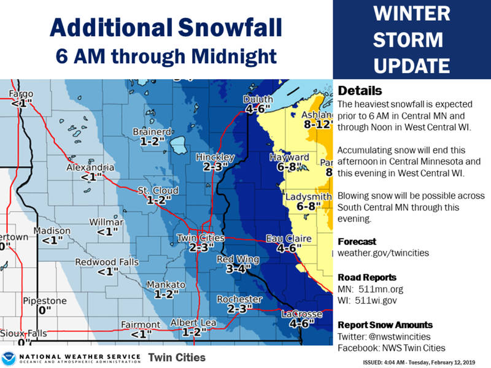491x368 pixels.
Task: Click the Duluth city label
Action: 258,99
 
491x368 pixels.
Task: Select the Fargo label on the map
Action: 21,94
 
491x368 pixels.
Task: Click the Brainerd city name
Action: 152,131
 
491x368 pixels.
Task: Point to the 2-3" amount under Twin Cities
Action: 201,248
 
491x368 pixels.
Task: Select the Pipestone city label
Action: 44,301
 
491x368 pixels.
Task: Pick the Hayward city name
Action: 289,158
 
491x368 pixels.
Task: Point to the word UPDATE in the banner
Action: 412,64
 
